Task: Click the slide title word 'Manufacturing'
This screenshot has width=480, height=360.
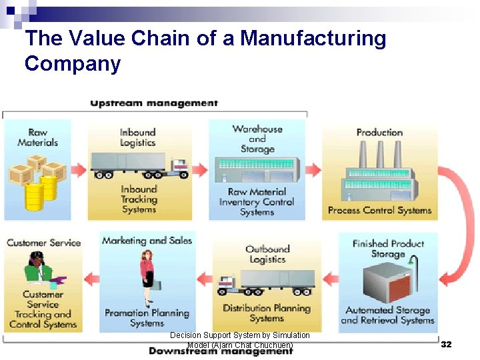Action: click(313, 39)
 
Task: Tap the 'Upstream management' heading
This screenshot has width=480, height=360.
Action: click(154, 103)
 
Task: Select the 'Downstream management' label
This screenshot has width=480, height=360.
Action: click(221, 351)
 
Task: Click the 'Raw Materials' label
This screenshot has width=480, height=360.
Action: click(37, 137)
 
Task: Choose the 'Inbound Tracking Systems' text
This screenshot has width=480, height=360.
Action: click(139, 199)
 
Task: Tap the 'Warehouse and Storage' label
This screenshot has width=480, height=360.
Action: click(257, 139)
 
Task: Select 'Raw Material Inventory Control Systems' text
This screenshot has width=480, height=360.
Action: click(257, 202)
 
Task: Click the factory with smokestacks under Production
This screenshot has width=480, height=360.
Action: click(379, 175)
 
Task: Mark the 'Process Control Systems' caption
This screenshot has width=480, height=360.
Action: click(379, 211)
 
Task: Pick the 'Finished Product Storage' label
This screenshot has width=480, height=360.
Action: click(388, 249)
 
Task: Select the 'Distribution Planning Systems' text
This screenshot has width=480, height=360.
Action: click(267, 313)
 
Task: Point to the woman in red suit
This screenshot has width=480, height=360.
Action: click(147, 277)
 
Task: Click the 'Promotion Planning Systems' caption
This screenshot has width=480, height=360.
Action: click(147, 317)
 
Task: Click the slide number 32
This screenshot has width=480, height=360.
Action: click(446, 345)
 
